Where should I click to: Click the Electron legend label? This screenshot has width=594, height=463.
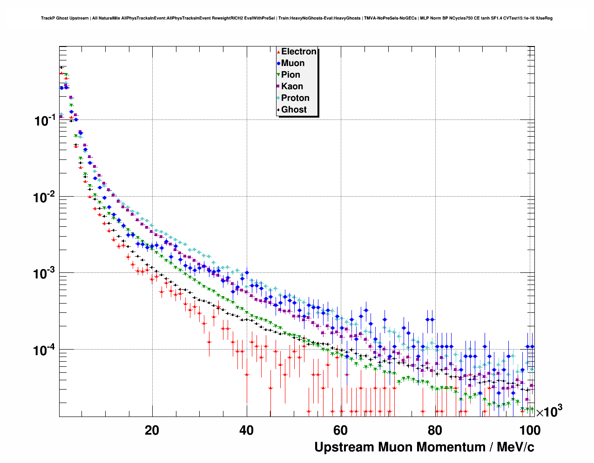click(x=299, y=52)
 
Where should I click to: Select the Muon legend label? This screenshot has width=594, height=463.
click(x=293, y=63)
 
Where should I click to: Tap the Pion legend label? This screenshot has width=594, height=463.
click(x=290, y=75)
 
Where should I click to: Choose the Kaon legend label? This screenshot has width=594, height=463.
click(x=292, y=86)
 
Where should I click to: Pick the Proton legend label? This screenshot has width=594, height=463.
click(x=295, y=98)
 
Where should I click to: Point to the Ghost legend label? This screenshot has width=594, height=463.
click(x=294, y=110)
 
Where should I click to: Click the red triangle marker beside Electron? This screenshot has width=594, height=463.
click(x=278, y=52)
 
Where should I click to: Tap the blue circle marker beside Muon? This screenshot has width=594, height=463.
click(x=278, y=64)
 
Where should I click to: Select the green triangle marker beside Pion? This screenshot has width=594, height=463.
click(x=278, y=75)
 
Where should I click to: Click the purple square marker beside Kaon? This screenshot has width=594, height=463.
click(x=278, y=86)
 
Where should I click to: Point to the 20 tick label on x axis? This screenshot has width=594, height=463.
click(x=152, y=430)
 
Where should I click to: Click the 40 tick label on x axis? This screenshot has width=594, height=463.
click(x=246, y=430)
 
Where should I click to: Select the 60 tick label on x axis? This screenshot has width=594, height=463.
click(x=340, y=430)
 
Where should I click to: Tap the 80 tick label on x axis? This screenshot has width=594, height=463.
click(x=435, y=430)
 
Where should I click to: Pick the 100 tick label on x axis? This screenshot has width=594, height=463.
click(x=529, y=430)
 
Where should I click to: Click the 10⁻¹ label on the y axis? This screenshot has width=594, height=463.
click(x=45, y=120)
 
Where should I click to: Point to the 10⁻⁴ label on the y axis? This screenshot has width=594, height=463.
click(x=45, y=350)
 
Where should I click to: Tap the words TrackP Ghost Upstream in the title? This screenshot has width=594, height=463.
click(x=64, y=18)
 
